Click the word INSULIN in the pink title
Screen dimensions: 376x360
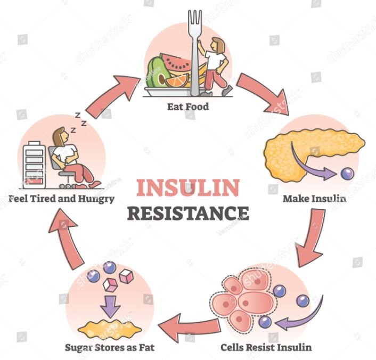(188, 188)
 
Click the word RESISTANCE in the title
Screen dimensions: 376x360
(188, 213)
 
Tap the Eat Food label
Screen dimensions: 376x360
(188, 107)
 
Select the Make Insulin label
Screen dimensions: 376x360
(315, 199)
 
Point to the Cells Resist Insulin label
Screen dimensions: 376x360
(266, 347)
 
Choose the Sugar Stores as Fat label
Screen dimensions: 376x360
(110, 348)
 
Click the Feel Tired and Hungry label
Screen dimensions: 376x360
(61, 199)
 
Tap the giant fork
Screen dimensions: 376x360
(195, 53)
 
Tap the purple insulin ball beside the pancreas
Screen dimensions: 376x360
(347, 174)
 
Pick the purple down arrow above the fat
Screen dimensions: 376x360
(110, 306)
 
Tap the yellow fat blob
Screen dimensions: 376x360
(110, 330)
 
